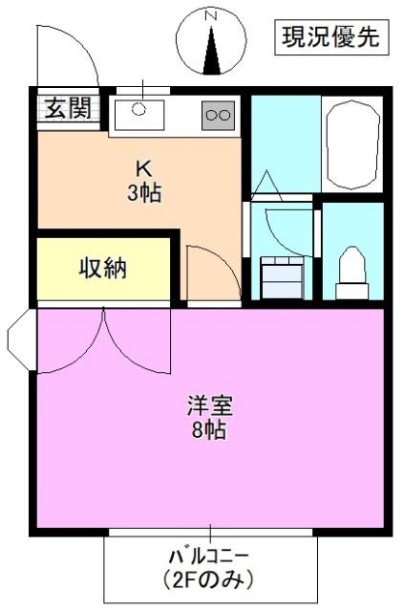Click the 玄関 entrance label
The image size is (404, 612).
click(67, 108)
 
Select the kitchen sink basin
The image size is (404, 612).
click(139, 114)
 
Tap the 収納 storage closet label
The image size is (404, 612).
click(102, 269)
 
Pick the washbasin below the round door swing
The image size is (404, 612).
click(282, 277)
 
